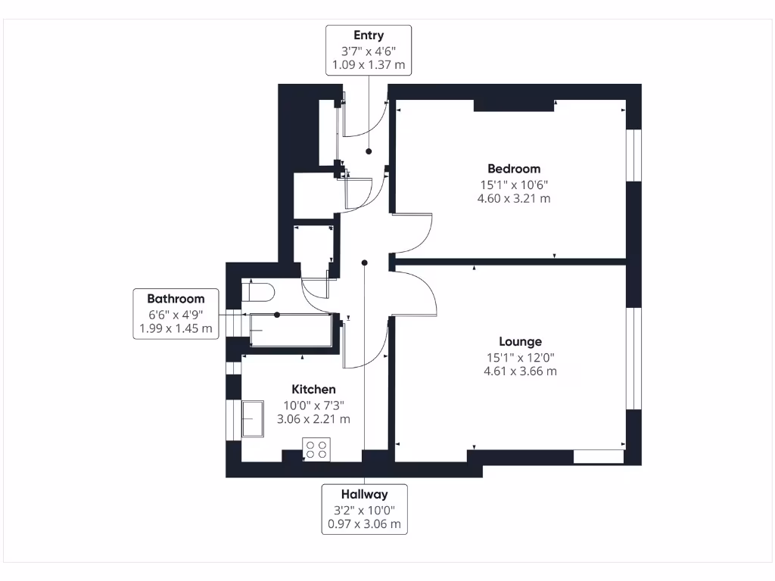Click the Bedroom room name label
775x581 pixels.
(x=514, y=169)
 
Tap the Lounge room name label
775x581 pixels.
(x=520, y=342)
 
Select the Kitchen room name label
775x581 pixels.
(x=315, y=390)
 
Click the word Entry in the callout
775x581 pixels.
(x=369, y=36)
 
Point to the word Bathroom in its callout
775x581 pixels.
(x=176, y=299)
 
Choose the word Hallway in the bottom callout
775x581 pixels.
(x=364, y=495)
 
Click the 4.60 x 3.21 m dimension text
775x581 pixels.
(x=514, y=199)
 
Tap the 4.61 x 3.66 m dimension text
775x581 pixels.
(x=520, y=371)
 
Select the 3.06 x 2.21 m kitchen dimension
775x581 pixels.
(x=315, y=419)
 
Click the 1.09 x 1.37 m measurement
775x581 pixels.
(x=369, y=65)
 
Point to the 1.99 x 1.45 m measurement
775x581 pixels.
(x=176, y=329)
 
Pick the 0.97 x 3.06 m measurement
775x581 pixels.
(x=364, y=524)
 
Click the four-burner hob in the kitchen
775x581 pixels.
(x=316, y=449)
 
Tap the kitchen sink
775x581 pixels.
(x=253, y=419)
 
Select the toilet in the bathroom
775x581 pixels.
(x=258, y=292)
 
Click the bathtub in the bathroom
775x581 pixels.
(x=291, y=331)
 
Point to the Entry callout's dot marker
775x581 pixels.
(x=369, y=151)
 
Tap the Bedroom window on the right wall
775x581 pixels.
(x=634, y=155)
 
